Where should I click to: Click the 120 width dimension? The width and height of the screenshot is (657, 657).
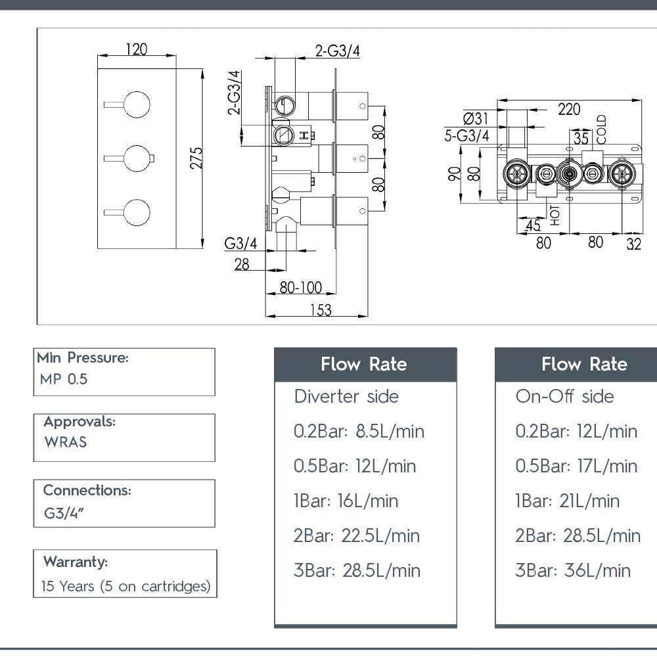pyautogui.click(x=136, y=49)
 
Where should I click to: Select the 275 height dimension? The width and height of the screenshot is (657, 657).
pyautogui.click(x=196, y=158)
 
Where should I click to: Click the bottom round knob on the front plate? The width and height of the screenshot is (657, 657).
pyautogui.click(x=136, y=212)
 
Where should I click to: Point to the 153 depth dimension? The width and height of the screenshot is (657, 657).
pyautogui.click(x=320, y=309)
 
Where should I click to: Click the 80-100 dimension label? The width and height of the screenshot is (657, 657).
pyautogui.click(x=301, y=288)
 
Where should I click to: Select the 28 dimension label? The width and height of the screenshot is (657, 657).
pyautogui.click(x=242, y=265)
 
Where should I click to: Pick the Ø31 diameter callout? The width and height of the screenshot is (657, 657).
pyautogui.click(x=476, y=119)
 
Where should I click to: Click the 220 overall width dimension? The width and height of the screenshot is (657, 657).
pyautogui.click(x=569, y=109)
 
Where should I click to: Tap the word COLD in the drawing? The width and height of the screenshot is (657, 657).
pyautogui.click(x=602, y=129)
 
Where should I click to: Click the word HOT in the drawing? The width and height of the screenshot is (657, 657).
pyautogui.click(x=556, y=215)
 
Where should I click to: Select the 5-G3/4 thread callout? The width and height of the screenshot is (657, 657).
pyautogui.click(x=467, y=136)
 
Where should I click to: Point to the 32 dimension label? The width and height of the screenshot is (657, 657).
pyautogui.click(x=633, y=244)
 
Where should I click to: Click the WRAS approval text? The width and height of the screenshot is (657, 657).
pyautogui.click(x=66, y=442)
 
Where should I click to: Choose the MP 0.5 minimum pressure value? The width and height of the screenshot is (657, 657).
pyautogui.click(x=64, y=379)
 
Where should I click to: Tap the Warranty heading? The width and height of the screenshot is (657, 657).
pyautogui.click(x=75, y=562)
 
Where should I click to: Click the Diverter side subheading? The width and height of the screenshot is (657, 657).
pyautogui.click(x=346, y=397)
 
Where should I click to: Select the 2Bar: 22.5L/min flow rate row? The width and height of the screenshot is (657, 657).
pyautogui.click(x=357, y=536)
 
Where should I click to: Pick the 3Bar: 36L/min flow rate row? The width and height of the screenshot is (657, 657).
pyautogui.click(x=572, y=570)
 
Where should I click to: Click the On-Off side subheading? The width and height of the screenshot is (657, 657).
pyautogui.click(x=564, y=397)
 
